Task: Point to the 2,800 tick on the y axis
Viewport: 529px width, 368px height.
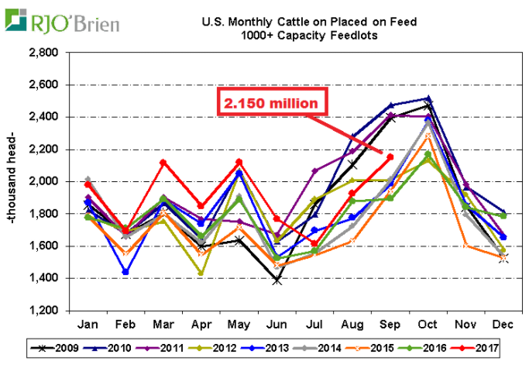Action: click(x=43, y=53)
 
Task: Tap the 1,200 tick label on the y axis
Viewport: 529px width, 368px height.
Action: click(x=43, y=311)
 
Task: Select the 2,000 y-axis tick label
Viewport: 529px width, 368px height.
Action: click(x=43, y=181)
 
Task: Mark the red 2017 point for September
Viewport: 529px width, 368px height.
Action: click(x=390, y=157)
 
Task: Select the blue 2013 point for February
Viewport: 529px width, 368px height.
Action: click(x=125, y=272)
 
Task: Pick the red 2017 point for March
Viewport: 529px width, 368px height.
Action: click(x=162, y=162)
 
